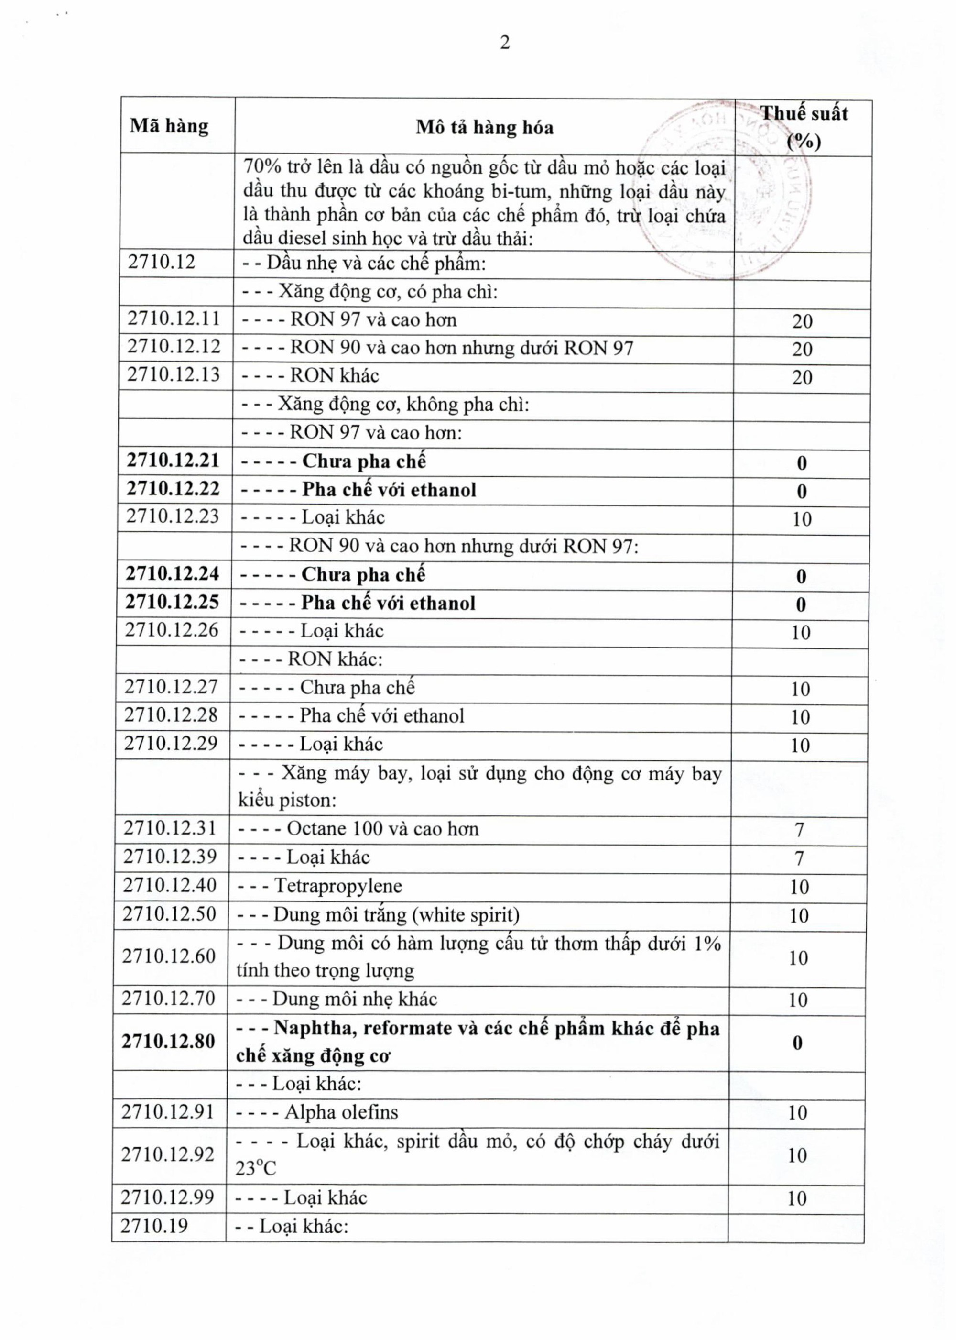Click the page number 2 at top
tap(504, 43)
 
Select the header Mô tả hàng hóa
tap(485, 127)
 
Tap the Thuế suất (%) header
tap(804, 127)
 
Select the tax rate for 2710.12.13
tap(802, 377)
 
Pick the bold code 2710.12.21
tap(173, 460)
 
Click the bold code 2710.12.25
tap(172, 602)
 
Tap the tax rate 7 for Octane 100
tap(799, 830)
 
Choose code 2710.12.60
tap(169, 956)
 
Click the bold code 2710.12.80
tap(168, 1042)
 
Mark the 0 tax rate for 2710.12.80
tap(798, 1043)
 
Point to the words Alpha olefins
tap(341, 1112)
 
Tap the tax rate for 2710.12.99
tap(797, 1198)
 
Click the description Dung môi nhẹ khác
tap(354, 999)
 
